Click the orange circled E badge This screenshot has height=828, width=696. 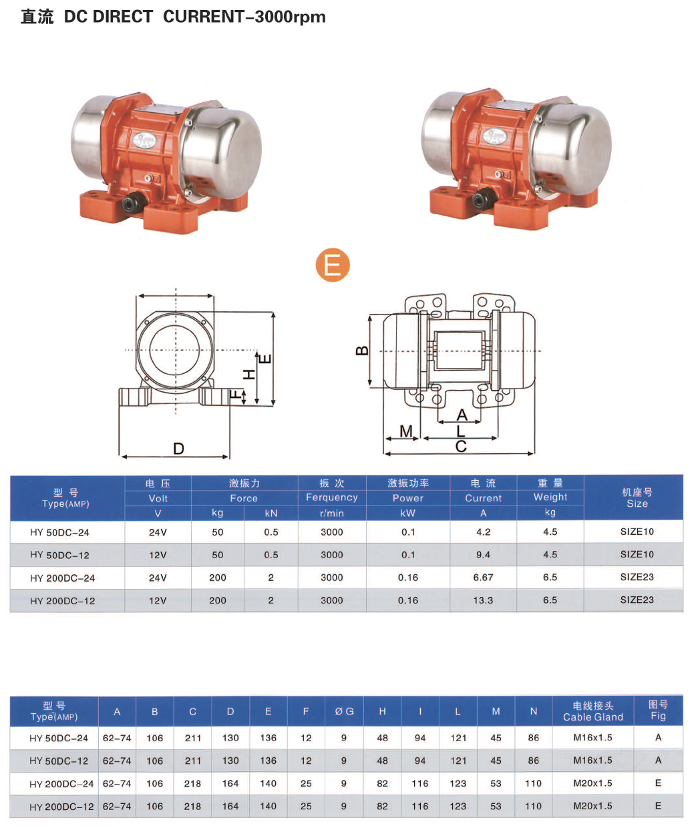pyautogui.click(x=333, y=265)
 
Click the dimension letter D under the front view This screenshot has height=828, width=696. pyautogui.click(x=178, y=449)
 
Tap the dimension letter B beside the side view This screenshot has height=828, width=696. pyautogui.click(x=362, y=351)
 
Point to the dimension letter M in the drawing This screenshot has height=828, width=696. pyautogui.click(x=406, y=431)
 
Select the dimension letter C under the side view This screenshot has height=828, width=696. pyautogui.click(x=461, y=447)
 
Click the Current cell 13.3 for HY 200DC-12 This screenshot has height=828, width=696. pyautogui.click(x=483, y=600)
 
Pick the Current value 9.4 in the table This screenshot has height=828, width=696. pyautogui.click(x=483, y=554)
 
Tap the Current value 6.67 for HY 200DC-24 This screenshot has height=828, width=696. pyautogui.click(x=483, y=578)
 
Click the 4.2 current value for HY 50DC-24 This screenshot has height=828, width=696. pyautogui.click(x=484, y=532)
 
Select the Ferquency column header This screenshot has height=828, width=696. pyautogui.click(x=332, y=497)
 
